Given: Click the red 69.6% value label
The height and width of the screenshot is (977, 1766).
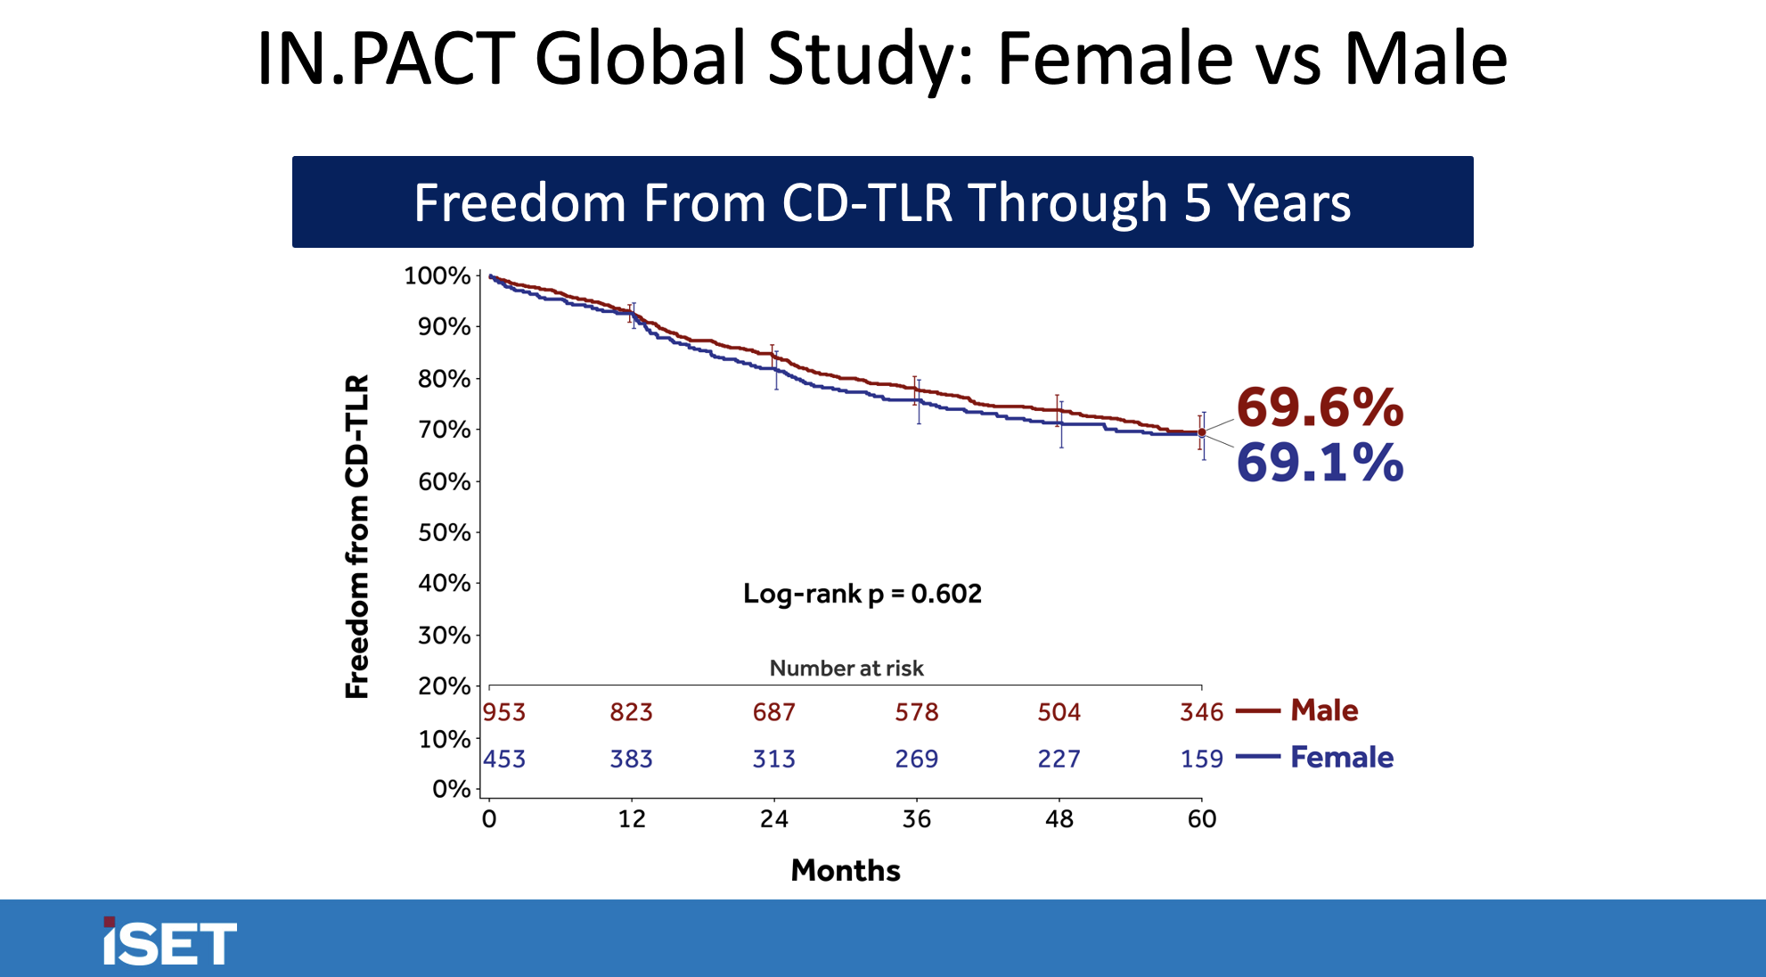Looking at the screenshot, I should click(1320, 408).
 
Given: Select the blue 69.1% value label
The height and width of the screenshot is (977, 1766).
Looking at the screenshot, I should click(1320, 464).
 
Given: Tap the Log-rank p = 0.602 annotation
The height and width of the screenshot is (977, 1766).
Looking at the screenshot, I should click(862, 594).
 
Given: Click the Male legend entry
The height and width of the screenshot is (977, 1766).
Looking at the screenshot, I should click(1324, 710).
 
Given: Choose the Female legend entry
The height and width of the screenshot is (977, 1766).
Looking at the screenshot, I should click(1341, 757).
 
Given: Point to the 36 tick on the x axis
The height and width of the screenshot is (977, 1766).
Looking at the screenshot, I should click(916, 819).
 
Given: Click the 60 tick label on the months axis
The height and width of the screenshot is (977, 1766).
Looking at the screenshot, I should click(1201, 819).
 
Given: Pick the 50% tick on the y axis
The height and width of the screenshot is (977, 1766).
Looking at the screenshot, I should click(444, 533).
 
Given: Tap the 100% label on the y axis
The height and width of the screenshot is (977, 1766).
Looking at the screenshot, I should click(437, 276).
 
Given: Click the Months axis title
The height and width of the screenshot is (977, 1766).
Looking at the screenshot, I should click(846, 870).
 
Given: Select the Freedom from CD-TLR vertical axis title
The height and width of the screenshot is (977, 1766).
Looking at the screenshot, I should click(357, 536).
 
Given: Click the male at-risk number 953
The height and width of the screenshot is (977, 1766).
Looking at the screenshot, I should click(504, 712).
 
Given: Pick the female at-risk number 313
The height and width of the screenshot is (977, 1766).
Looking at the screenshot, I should click(773, 759).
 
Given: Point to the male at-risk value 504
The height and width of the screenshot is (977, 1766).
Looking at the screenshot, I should click(1059, 712).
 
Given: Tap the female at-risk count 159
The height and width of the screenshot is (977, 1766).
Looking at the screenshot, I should click(1201, 759).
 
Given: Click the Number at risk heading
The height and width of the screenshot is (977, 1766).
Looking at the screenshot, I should click(846, 669).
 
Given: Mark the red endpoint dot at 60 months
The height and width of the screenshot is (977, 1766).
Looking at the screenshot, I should click(1202, 432).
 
